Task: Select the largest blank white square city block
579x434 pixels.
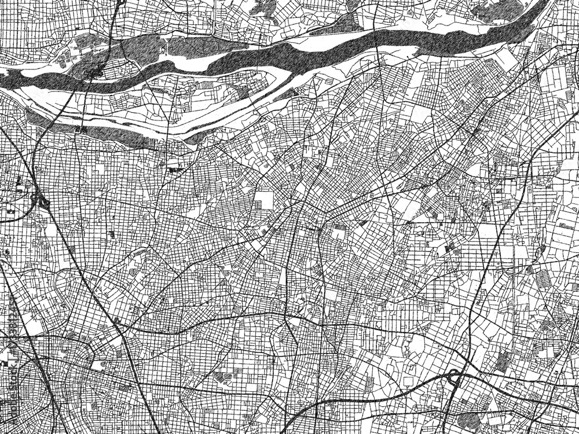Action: coord(263,200)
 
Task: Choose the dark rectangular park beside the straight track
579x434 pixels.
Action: coord(504,361)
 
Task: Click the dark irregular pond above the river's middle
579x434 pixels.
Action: coord(263,8)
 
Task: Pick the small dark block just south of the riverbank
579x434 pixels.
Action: coord(174,170)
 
